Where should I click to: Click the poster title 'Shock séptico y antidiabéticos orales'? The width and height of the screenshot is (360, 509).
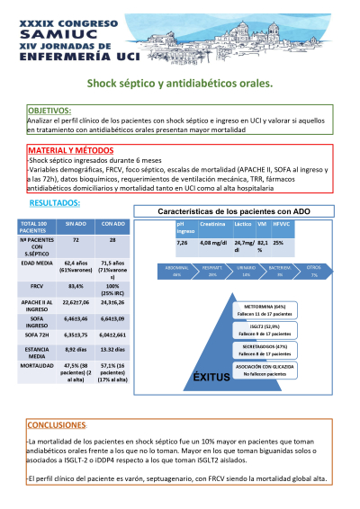point(179,84)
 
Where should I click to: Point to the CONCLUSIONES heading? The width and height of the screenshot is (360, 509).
point(57,424)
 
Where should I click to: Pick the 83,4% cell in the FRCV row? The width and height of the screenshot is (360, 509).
point(76,285)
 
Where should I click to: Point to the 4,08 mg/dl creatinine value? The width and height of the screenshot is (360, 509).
point(213,244)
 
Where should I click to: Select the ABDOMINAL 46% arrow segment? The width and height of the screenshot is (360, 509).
point(178,271)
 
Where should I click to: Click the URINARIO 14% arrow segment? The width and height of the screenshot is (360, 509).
point(246,271)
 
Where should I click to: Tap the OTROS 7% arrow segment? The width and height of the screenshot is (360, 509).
point(314,271)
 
